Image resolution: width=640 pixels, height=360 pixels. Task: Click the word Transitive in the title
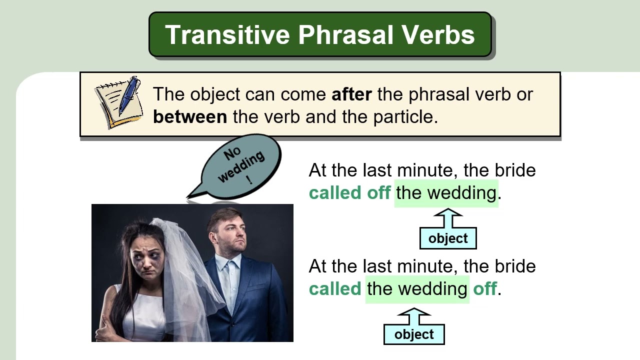[227, 35]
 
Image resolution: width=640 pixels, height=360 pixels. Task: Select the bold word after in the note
[351, 94]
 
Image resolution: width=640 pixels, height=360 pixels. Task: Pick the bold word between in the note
[190, 116]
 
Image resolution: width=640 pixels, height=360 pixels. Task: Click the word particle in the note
[405, 117]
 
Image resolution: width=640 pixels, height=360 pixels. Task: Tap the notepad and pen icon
[118, 102]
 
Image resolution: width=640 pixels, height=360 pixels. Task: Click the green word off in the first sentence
[379, 192]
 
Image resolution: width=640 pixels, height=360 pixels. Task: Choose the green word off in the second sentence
[485, 288]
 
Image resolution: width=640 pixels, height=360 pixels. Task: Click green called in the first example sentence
[335, 192]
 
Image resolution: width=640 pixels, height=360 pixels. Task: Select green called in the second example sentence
[335, 288]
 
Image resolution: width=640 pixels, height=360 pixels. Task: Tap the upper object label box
[448, 238]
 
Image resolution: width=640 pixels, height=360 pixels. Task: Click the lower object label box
[414, 334]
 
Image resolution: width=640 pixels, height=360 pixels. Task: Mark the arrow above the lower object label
[414, 316]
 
